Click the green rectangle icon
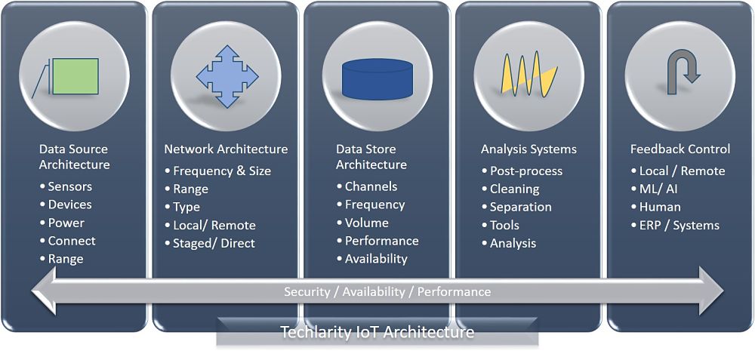(75, 76)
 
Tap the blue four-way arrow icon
(226, 76)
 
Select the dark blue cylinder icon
(377, 78)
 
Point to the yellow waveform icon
(528, 75)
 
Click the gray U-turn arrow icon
(680, 74)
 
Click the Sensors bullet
(66, 186)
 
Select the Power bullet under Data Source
(62, 223)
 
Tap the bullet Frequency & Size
(217, 171)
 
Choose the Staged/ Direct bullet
(209, 243)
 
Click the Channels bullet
(367, 186)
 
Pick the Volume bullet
(362, 223)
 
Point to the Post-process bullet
(522, 171)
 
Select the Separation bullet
(516, 207)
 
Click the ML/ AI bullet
(654, 189)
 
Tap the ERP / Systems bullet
(675, 225)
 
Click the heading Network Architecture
(226, 149)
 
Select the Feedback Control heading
(680, 149)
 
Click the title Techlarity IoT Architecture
(377, 332)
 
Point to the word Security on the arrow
(307, 291)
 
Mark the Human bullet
(656, 207)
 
